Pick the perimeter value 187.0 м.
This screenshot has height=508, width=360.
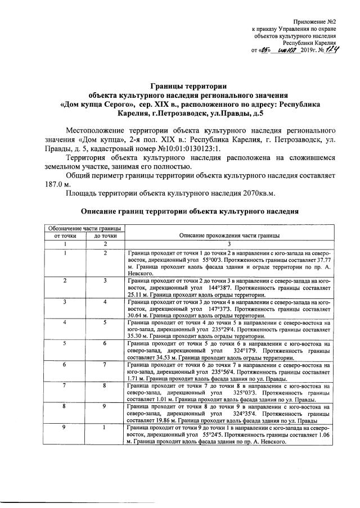pyautogui.click(x=58, y=184)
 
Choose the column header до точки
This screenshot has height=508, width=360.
pyautogui.click(x=105, y=235)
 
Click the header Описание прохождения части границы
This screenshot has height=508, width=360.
pyautogui.click(x=229, y=235)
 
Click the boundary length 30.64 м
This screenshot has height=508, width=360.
pyautogui.click(x=138, y=316)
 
